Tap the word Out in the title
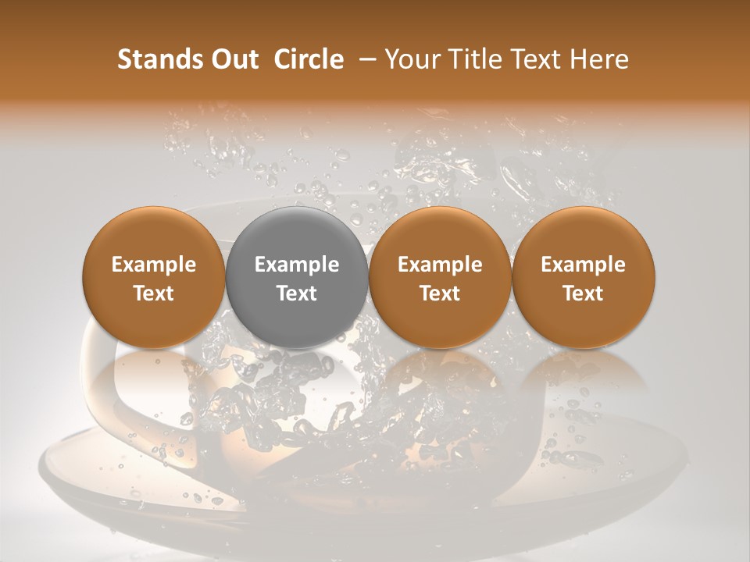pos(233,59)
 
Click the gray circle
pos(297,277)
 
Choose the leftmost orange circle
pos(154,277)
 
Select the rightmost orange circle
pos(584,277)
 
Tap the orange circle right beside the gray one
pos(440,277)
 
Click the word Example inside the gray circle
pos(297,265)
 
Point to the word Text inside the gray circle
pos(297,293)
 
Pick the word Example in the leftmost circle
pos(154,265)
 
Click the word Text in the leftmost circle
pos(154,293)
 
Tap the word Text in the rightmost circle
pos(584,293)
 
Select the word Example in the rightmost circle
pos(584,265)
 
